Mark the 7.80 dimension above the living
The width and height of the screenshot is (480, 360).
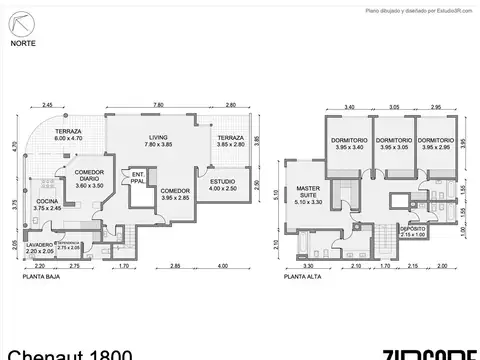158,105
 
